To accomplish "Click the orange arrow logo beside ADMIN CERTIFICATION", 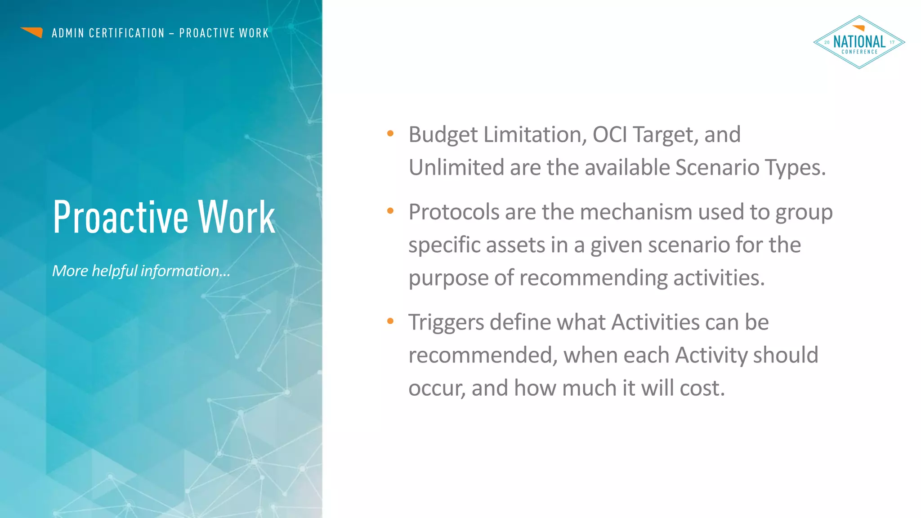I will pos(32,32).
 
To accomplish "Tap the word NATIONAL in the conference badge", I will pos(859,42).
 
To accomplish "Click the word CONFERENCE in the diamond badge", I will pos(859,52).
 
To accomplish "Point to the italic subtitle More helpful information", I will pos(141,271).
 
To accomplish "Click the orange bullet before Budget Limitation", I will pos(390,133).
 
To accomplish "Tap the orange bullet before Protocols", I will pos(390,210).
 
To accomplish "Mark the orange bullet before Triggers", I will pos(390,321).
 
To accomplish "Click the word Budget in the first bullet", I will pos(443,135).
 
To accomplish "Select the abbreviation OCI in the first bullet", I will pos(609,134).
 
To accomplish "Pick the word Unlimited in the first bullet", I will pos(456,167).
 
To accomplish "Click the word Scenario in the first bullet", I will pos(717,167).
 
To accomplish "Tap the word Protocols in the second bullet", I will pos(453,212).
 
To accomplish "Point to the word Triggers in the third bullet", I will pos(446,323).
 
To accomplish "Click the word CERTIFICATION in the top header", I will pos(127,33).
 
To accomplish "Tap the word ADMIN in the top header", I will pos(68,33).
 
